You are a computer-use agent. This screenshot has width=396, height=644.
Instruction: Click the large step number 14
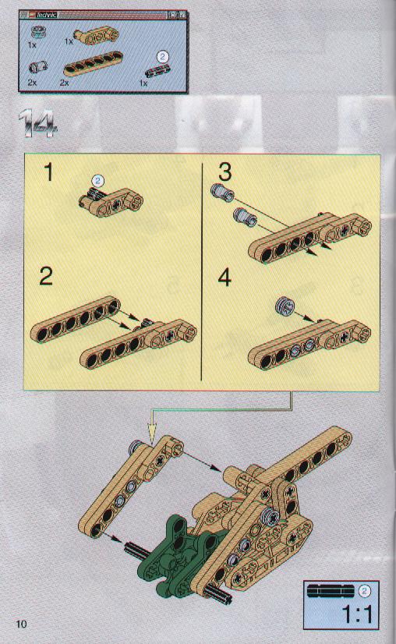(x=37, y=123)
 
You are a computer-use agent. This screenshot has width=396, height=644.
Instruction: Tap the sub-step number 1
(x=49, y=172)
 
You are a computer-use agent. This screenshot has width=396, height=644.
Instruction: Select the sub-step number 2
(x=46, y=276)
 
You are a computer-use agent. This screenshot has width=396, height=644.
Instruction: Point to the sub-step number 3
(x=225, y=172)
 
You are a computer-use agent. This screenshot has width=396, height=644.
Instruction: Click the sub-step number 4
(x=225, y=278)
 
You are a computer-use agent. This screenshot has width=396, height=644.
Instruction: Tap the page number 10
(x=21, y=624)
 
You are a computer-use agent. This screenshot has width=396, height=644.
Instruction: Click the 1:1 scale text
(x=357, y=615)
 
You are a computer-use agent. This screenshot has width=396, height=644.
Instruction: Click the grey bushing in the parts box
(x=37, y=31)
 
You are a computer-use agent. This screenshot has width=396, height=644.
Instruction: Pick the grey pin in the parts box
(x=37, y=67)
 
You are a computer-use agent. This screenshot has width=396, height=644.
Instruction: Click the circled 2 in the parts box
(x=163, y=56)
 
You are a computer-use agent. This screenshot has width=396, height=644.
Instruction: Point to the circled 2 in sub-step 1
(x=97, y=180)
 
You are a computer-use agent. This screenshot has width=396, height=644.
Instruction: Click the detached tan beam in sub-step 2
(x=75, y=319)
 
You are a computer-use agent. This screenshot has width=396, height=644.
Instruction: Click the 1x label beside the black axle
(x=143, y=83)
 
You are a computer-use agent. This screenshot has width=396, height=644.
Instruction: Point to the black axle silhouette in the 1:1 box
(x=331, y=591)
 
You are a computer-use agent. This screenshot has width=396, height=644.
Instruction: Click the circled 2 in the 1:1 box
(x=364, y=591)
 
